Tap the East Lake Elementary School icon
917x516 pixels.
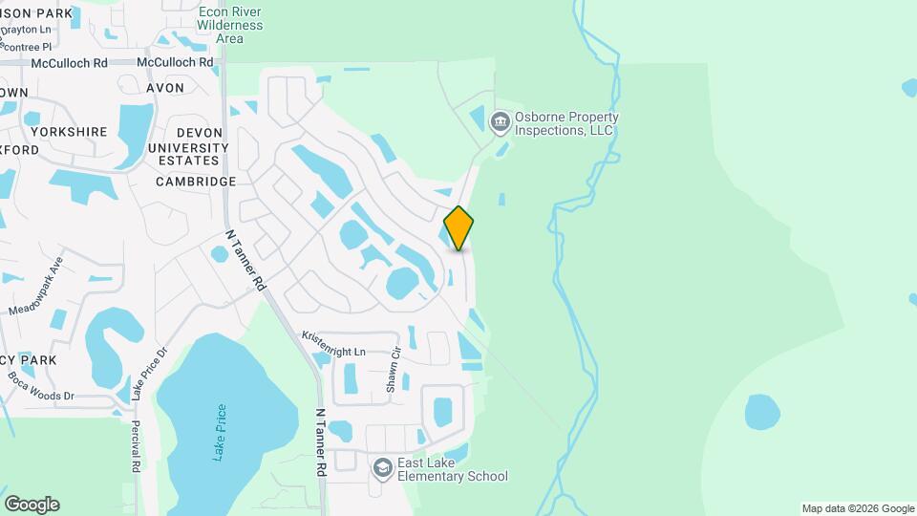[383, 468]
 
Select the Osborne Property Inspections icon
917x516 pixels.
[499, 122]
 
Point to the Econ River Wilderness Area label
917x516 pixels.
[229, 25]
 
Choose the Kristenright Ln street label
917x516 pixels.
[333, 344]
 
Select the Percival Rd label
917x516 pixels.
[136, 446]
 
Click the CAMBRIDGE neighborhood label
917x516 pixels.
[195, 182]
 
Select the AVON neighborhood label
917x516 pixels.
[164, 88]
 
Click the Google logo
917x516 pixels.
[32, 505]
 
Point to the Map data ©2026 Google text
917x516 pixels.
[857, 508]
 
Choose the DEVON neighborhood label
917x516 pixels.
[199, 133]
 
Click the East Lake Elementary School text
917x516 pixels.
[452, 468]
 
